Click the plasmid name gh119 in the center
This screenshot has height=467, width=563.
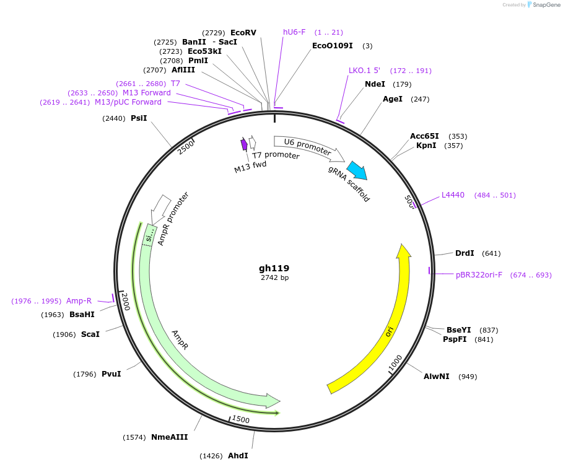[x=274, y=268]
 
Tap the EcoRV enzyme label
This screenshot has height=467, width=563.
[x=243, y=32]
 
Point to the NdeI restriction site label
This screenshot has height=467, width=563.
[x=375, y=84]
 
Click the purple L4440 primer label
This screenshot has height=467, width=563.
[x=453, y=195]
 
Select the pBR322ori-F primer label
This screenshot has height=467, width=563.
[x=479, y=274]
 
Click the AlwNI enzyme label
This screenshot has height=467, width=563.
[x=437, y=376]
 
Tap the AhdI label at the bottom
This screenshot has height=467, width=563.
[x=238, y=455]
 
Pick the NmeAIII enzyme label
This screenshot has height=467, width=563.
[x=169, y=437]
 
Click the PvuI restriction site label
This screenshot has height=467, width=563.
[x=111, y=373]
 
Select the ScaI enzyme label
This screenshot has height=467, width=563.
[x=90, y=334]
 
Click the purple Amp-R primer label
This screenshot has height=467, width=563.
[x=79, y=301]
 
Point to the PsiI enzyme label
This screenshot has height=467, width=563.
[x=139, y=118]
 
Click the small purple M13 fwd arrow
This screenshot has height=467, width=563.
[x=244, y=144]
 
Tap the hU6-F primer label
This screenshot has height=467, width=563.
[x=294, y=32]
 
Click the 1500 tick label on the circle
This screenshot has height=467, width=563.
[x=240, y=419]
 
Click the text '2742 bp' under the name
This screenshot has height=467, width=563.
[x=274, y=278]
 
